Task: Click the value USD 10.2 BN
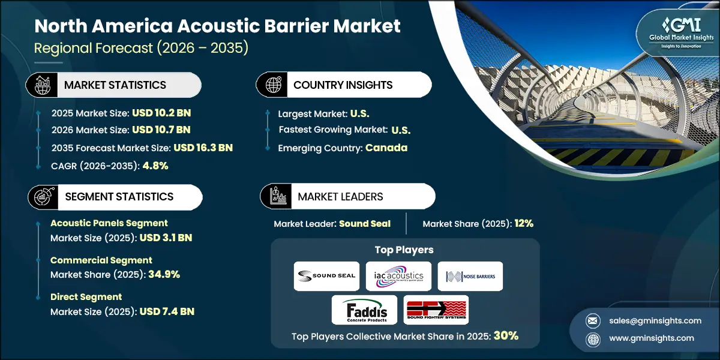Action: [x=162, y=112]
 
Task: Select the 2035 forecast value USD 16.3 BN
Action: [x=203, y=148]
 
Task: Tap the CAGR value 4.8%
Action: [x=155, y=166]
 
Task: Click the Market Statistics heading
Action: [x=115, y=85]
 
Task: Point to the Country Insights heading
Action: [x=343, y=85]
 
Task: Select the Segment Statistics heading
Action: [x=118, y=197]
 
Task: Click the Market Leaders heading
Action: [x=340, y=197]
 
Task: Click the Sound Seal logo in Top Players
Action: [x=326, y=275]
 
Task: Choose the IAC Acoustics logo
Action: [x=398, y=275]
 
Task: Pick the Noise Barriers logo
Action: [x=470, y=275]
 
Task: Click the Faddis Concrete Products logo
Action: [x=364, y=310]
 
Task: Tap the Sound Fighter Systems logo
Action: [x=436, y=310]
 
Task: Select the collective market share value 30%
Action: [x=506, y=336]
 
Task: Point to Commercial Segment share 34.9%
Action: [x=160, y=274]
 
